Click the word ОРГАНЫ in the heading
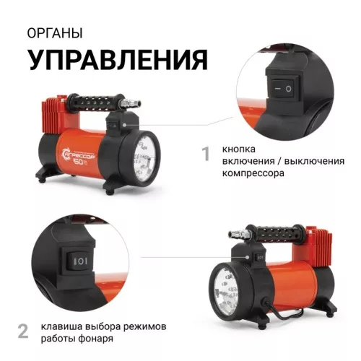[55, 34]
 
